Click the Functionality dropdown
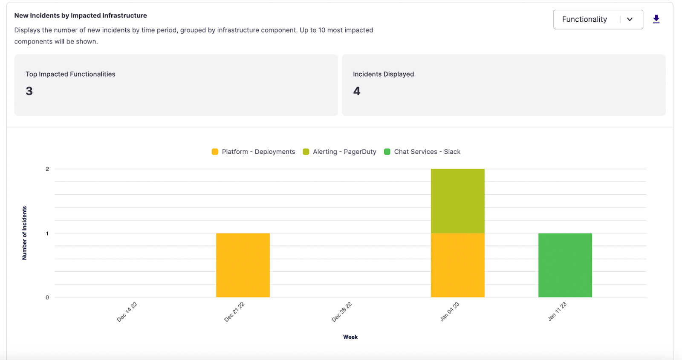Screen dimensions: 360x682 [598, 20]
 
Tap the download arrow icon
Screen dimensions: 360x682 [656, 19]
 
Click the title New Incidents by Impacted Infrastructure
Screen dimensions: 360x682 [81, 15]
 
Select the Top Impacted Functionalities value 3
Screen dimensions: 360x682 [29, 91]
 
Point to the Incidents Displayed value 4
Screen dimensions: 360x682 [357, 91]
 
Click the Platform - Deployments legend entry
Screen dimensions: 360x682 [253, 152]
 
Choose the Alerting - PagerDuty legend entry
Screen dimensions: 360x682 [340, 152]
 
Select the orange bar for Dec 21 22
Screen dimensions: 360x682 [243, 265]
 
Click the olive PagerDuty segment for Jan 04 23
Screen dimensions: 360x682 [457, 201]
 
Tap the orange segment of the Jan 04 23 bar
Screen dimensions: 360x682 [457, 265]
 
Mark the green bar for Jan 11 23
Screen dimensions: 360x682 [565, 265]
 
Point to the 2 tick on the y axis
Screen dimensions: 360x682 [47, 169]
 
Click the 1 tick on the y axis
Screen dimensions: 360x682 [47, 233]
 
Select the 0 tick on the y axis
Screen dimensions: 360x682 [47, 297]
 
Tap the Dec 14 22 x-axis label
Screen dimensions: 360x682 [127, 312]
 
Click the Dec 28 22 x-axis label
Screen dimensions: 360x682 [342, 312]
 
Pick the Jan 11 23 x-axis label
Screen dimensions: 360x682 [557, 311]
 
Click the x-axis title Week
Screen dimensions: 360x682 [350, 337]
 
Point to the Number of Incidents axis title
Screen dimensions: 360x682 [24, 233]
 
